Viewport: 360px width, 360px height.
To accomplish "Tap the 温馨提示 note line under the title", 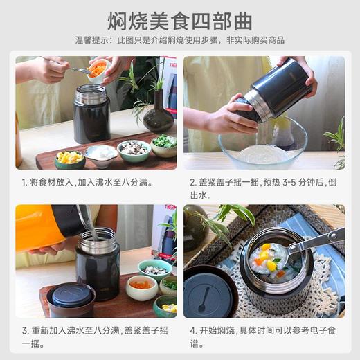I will [x=179, y=40].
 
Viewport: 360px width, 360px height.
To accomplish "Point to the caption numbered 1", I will [x=87, y=183].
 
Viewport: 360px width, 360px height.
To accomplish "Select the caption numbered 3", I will [x=95, y=337].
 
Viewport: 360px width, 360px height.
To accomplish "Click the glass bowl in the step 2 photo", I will [x=262, y=145].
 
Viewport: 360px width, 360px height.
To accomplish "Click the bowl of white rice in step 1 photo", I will [x=101, y=154].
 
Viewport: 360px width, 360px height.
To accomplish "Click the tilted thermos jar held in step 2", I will [x=273, y=90].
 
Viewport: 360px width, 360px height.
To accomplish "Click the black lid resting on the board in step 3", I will [x=71, y=299].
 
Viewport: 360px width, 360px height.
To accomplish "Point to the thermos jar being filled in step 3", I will [x=98, y=267].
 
